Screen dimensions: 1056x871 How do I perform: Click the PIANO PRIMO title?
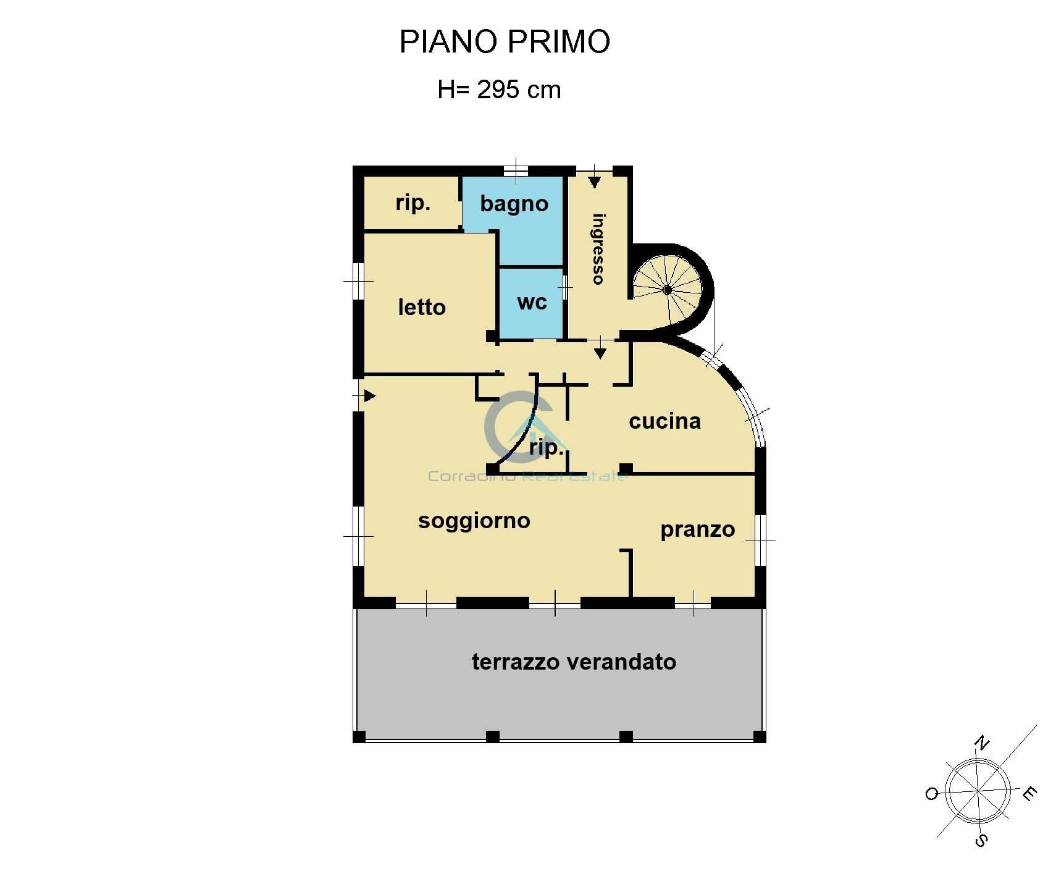click(x=505, y=42)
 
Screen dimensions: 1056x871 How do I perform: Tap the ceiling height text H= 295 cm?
click(x=499, y=90)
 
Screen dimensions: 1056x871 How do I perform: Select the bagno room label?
click(x=514, y=204)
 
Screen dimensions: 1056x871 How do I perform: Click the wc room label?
click(x=532, y=303)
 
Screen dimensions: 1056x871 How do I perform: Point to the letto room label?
click(x=422, y=307)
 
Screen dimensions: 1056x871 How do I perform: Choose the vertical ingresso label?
click(x=598, y=249)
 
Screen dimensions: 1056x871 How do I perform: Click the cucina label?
click(x=664, y=421)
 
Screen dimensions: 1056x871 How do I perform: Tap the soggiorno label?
click(x=474, y=521)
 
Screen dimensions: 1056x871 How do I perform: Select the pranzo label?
click(x=697, y=530)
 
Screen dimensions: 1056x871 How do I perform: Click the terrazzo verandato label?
click(x=574, y=662)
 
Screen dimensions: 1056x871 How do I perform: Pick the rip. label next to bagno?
click(x=413, y=203)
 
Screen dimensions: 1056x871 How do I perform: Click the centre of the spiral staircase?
click(x=668, y=290)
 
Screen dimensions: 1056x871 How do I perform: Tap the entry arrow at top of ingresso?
click(x=594, y=182)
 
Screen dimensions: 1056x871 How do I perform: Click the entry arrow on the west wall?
click(x=370, y=395)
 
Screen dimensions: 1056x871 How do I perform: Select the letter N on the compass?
click(x=981, y=743)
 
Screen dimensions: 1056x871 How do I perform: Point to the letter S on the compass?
click(x=981, y=840)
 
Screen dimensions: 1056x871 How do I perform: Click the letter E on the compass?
click(x=1029, y=794)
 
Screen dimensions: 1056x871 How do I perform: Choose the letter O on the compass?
click(x=932, y=794)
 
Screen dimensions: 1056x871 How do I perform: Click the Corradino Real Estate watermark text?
click(x=528, y=476)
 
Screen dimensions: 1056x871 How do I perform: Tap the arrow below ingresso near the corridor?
click(x=600, y=353)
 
